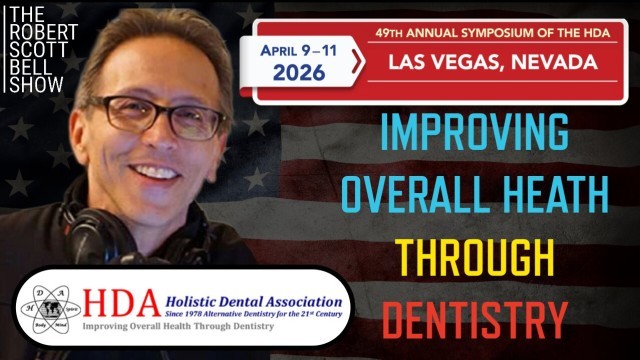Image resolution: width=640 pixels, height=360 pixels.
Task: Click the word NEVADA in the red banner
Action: click(554, 63)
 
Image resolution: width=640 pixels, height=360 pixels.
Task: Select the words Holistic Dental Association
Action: click(247, 296)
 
